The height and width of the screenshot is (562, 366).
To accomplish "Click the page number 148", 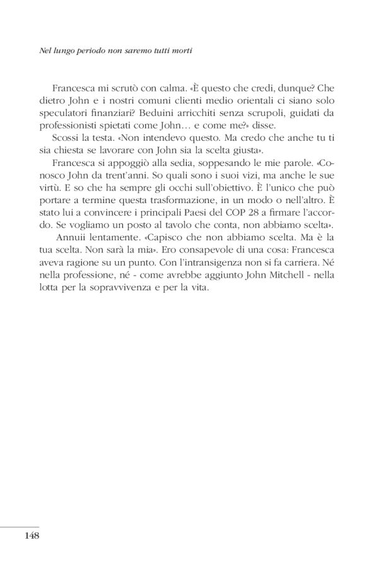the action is [x=32, y=536].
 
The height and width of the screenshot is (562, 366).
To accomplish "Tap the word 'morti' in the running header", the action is [x=179, y=53].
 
